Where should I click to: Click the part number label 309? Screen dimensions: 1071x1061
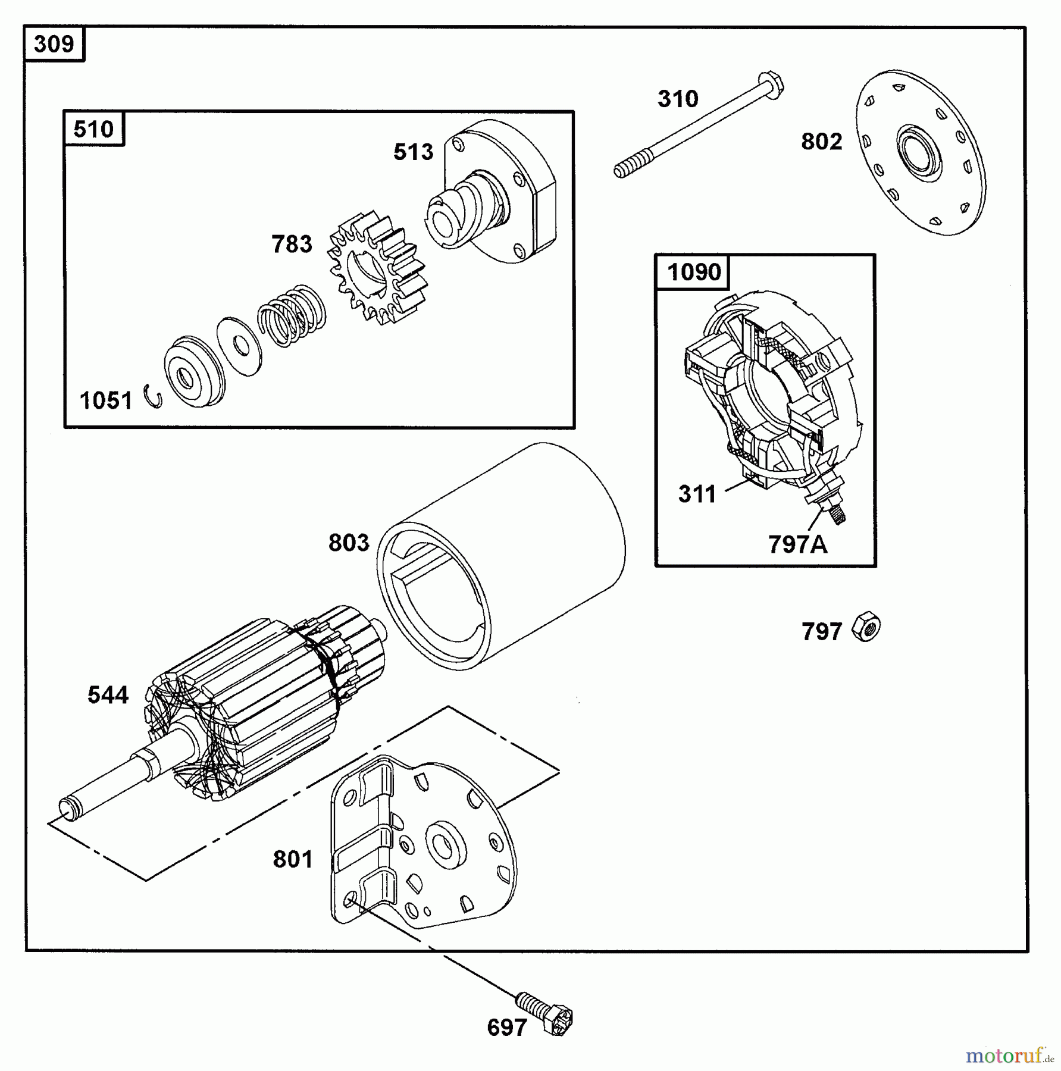pos(54,44)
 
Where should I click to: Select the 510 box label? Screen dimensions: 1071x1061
pos(93,129)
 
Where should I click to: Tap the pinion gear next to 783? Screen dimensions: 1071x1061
pos(377,268)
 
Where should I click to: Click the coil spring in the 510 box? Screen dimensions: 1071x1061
pos(292,315)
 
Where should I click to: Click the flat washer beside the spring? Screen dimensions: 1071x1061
pos(239,346)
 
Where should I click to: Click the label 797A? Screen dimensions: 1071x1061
pos(797,544)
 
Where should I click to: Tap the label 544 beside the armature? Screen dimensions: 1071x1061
pos(108,695)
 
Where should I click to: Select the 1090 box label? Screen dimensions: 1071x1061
pos(693,273)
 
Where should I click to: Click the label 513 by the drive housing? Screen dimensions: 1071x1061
pos(413,152)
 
